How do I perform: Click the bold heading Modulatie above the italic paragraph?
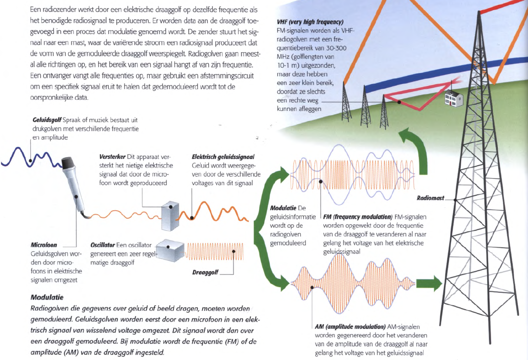point(47,298)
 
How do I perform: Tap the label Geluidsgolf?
point(47,120)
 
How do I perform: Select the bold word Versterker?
point(112,157)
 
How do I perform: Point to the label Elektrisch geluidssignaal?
point(223,157)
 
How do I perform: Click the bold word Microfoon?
point(44,245)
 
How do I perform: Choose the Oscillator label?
point(102,245)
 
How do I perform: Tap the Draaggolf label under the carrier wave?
point(206,272)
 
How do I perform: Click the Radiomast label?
point(430,198)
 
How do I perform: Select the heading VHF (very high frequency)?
point(310,22)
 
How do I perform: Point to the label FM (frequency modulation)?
point(357,217)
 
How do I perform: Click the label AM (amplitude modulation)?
point(350,327)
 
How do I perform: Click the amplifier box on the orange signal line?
point(171,216)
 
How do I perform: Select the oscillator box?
point(171,250)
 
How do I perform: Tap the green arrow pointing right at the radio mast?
point(429,283)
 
